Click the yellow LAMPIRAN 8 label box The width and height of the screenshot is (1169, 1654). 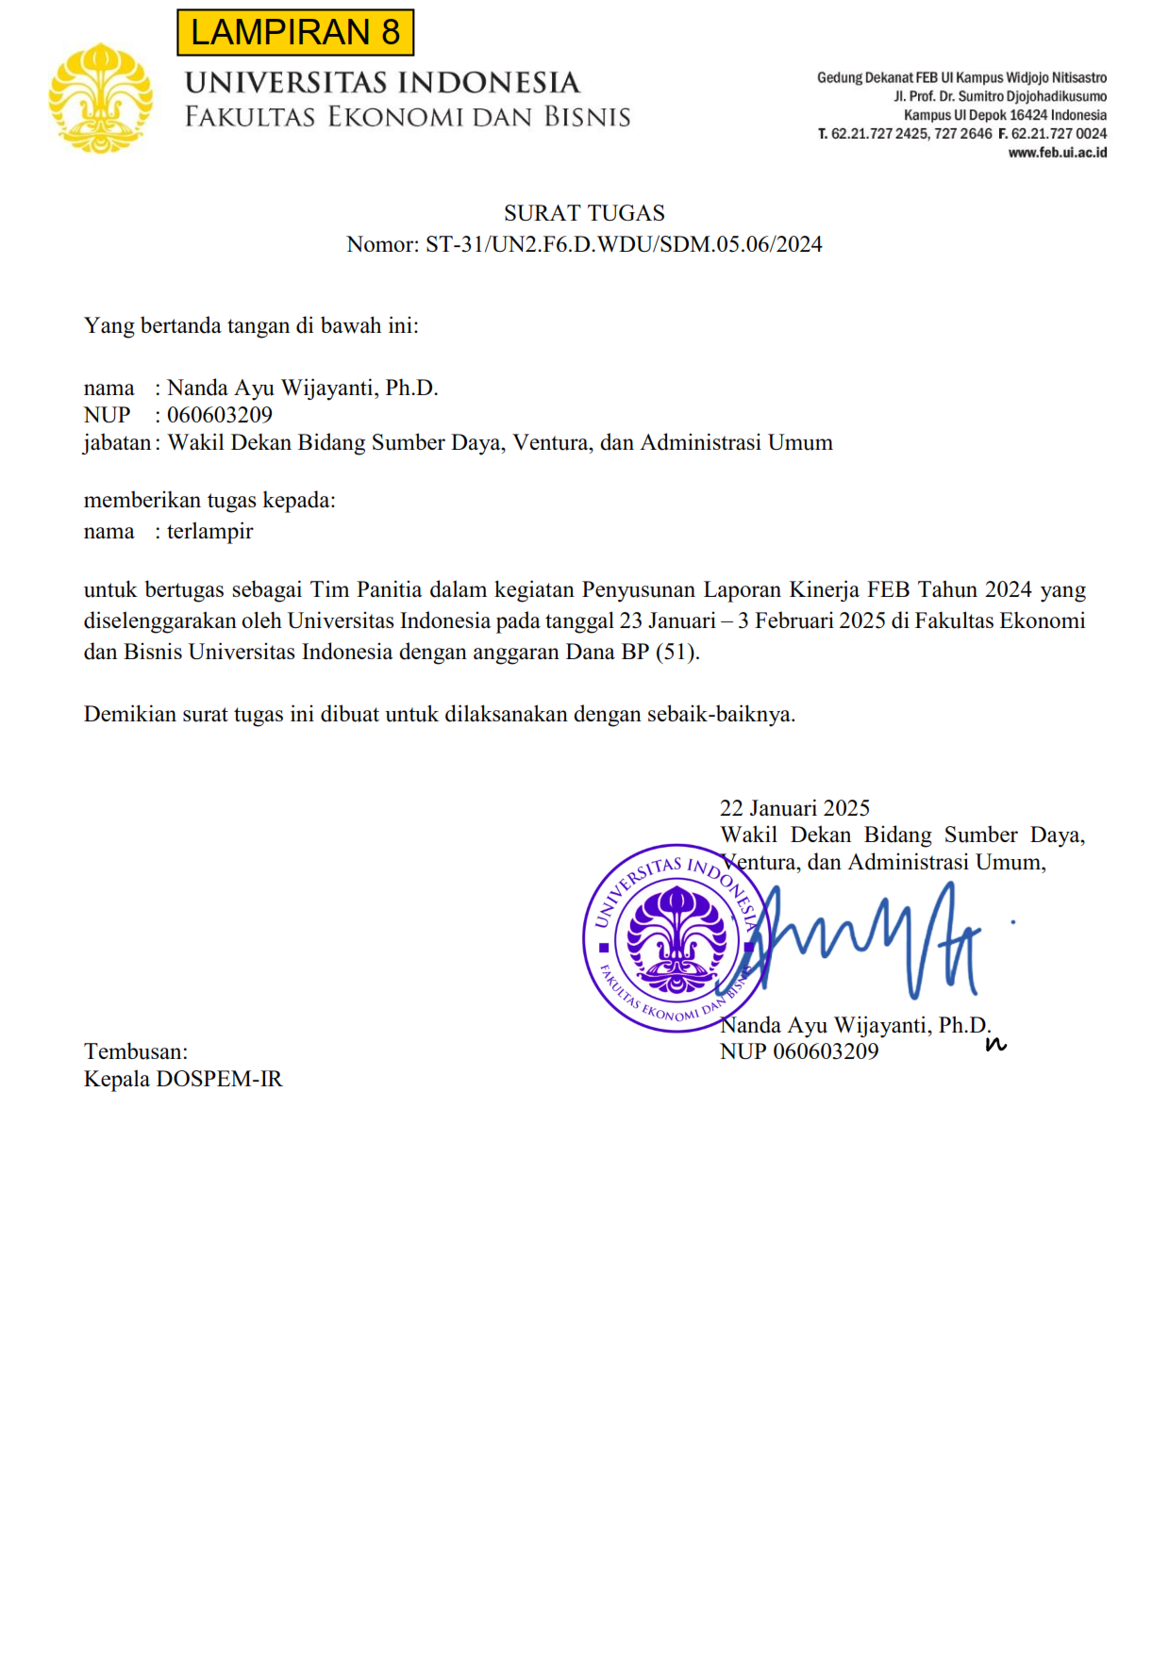coord(295,32)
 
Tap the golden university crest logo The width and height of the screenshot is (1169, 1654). coord(100,98)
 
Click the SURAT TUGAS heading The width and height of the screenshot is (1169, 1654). coord(584,213)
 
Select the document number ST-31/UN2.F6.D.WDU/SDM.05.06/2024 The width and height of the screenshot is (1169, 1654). coord(624,244)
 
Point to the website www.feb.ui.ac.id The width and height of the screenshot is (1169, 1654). coord(1057,153)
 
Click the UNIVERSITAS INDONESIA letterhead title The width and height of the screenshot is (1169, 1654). coord(382,83)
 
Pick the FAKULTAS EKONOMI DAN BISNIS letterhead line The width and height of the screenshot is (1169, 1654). coord(408,117)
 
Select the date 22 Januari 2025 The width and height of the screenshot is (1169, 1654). coord(794,808)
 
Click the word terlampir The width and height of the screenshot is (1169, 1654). coord(210,532)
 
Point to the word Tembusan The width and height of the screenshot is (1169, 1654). coord(135,1051)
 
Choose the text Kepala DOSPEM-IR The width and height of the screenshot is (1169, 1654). coord(183,1079)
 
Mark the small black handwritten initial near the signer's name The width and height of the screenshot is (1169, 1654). coord(995,1044)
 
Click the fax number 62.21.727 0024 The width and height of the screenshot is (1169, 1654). coord(1059,134)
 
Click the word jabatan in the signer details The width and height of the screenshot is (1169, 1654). coord(117,443)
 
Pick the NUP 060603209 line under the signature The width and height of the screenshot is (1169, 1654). coord(799,1052)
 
